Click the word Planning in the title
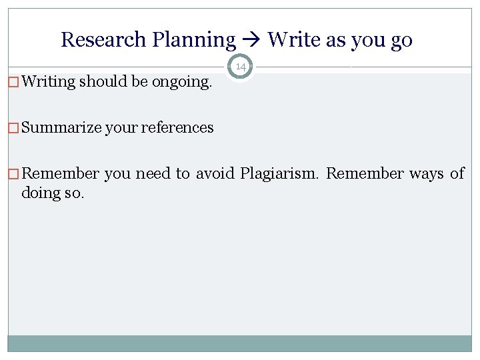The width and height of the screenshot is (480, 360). tap(194, 40)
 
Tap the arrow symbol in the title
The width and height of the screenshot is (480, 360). tap(252, 41)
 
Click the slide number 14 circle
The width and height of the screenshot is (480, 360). tap(240, 67)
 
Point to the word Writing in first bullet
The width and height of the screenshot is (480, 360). tap(49, 82)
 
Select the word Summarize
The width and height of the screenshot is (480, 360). tap(61, 127)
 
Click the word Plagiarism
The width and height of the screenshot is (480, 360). tap(280, 174)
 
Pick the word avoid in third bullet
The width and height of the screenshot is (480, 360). tap(215, 174)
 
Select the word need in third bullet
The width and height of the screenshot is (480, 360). tap(153, 174)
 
